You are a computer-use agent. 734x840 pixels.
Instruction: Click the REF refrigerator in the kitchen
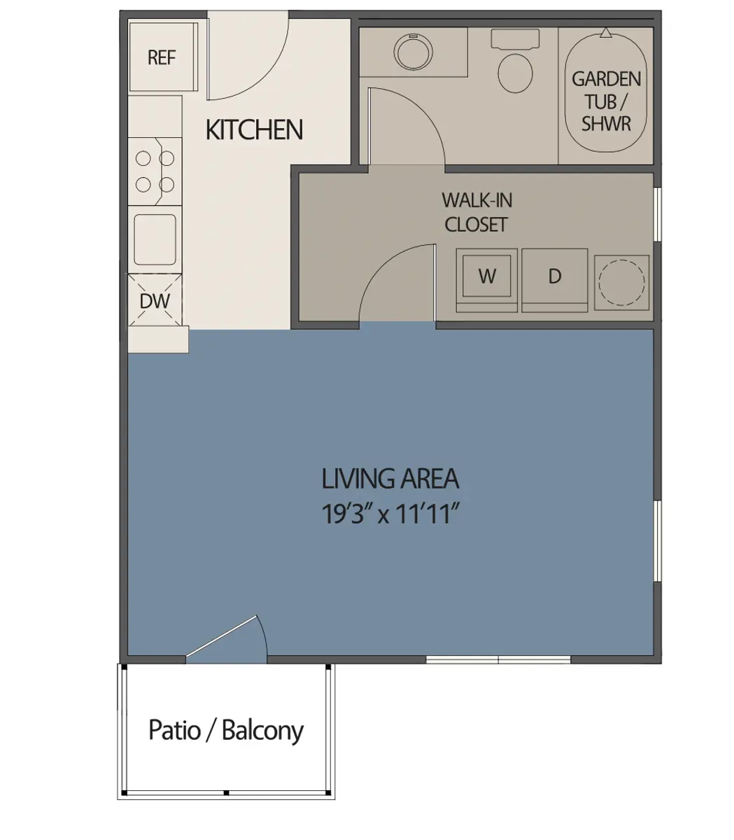162,57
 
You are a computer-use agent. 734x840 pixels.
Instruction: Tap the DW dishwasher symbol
155,301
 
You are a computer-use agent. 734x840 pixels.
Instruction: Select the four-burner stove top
155,171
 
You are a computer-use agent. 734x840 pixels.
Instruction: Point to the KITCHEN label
254,130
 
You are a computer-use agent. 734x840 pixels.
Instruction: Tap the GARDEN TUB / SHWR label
606,101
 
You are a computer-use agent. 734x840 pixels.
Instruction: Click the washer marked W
487,277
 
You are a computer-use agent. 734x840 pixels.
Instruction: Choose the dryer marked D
555,277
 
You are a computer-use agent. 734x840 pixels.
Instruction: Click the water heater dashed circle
622,282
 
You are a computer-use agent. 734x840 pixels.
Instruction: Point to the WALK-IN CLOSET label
477,212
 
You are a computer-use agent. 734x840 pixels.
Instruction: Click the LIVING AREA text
390,479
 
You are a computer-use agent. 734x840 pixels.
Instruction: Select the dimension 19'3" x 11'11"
390,515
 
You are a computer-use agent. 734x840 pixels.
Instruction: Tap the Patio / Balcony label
226,731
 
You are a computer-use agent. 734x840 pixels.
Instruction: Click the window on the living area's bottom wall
498,659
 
